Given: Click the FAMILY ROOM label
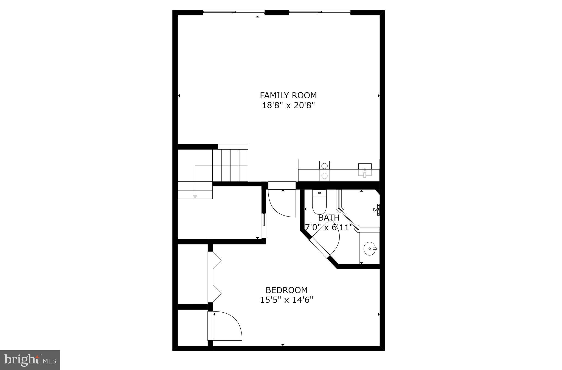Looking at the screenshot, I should (x=288, y=95).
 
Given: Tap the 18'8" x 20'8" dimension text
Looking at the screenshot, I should (x=288, y=105).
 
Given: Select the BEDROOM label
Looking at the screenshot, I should (x=286, y=290).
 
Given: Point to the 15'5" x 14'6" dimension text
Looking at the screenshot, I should (x=286, y=300).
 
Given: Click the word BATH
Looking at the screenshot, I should (x=329, y=218).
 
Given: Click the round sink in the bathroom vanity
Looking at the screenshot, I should (x=369, y=249).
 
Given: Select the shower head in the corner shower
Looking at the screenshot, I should (x=376, y=210).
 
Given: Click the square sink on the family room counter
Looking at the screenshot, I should (x=365, y=169).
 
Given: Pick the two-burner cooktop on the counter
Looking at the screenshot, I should (x=324, y=171).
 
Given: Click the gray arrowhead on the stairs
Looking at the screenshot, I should (x=195, y=196).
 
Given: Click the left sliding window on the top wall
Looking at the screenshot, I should (x=234, y=12).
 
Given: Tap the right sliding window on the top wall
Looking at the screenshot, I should (x=320, y=12).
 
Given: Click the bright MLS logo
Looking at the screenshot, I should (x=30, y=360).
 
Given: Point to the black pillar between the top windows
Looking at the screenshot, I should (x=277, y=12).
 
